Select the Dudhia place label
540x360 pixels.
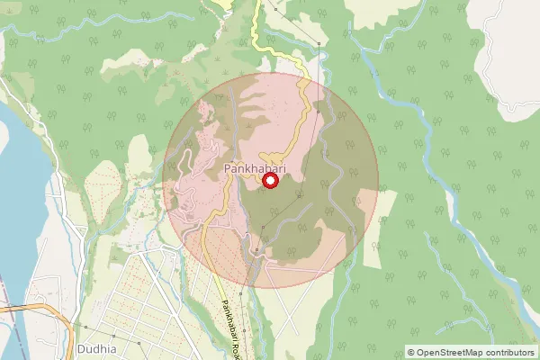[x=97, y=348]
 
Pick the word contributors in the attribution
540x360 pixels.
[x=510, y=353]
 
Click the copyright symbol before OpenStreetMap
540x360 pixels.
[x=411, y=353]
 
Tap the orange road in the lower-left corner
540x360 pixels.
[x=27, y=308]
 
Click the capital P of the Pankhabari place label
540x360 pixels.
[x=227, y=168]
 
